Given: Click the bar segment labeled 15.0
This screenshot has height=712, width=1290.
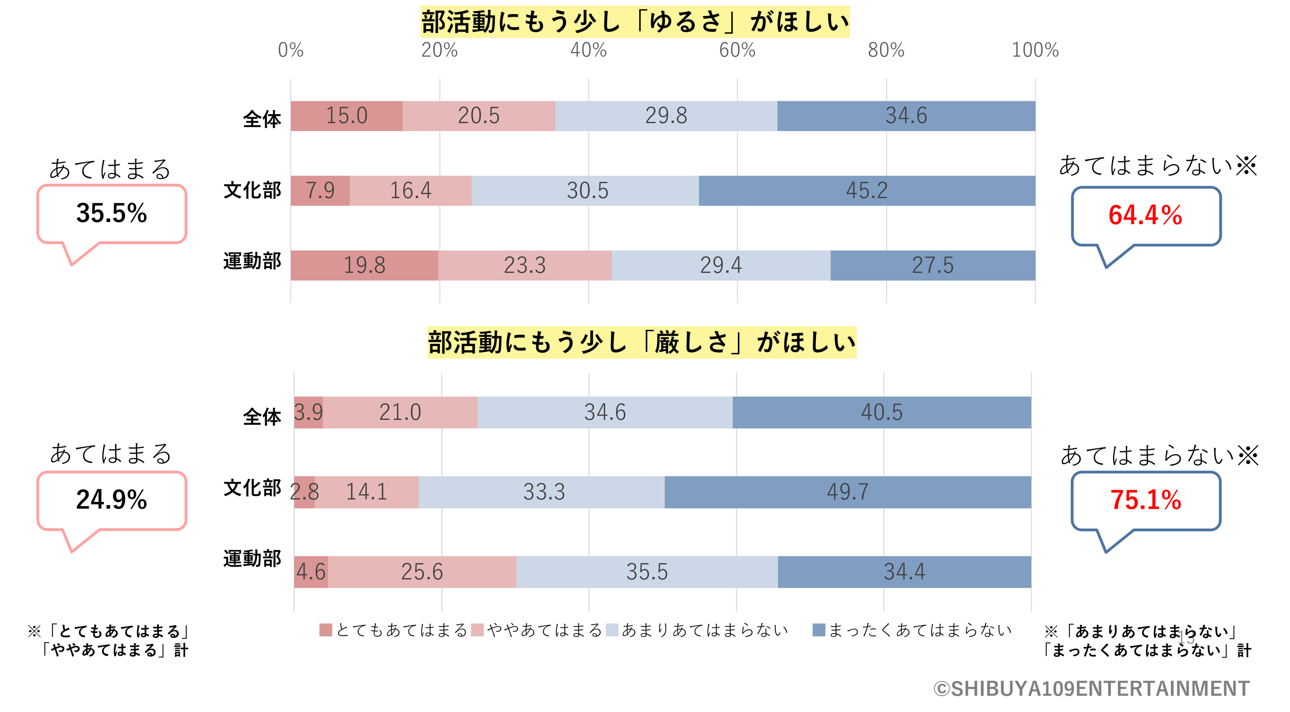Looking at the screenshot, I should click(347, 116).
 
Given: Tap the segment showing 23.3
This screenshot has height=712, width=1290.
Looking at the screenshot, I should click(524, 265).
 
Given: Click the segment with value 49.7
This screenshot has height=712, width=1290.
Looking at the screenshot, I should click(847, 492).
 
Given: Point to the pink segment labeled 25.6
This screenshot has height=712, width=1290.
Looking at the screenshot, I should click(422, 572).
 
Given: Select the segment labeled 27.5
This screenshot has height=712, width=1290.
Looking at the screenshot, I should click(932, 265).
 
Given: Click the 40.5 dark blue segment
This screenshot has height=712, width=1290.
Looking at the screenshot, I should click(881, 412).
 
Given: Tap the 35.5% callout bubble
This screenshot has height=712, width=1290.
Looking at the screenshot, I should click(112, 214).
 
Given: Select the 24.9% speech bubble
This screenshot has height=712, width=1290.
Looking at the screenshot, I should click(112, 500).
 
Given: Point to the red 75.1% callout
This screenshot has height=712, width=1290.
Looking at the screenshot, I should click(1146, 500).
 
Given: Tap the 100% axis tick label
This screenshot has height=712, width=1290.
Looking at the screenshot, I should click(1035, 50).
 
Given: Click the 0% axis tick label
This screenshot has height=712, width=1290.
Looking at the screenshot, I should click(290, 50).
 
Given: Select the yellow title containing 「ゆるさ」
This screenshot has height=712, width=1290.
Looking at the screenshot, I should click(635, 22).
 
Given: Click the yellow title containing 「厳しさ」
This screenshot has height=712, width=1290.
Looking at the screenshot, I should click(641, 343).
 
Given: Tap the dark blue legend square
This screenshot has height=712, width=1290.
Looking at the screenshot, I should click(819, 630).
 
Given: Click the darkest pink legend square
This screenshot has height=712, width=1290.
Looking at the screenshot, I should click(325, 630).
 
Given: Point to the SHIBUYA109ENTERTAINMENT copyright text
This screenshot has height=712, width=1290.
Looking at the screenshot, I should click(1092, 689).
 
